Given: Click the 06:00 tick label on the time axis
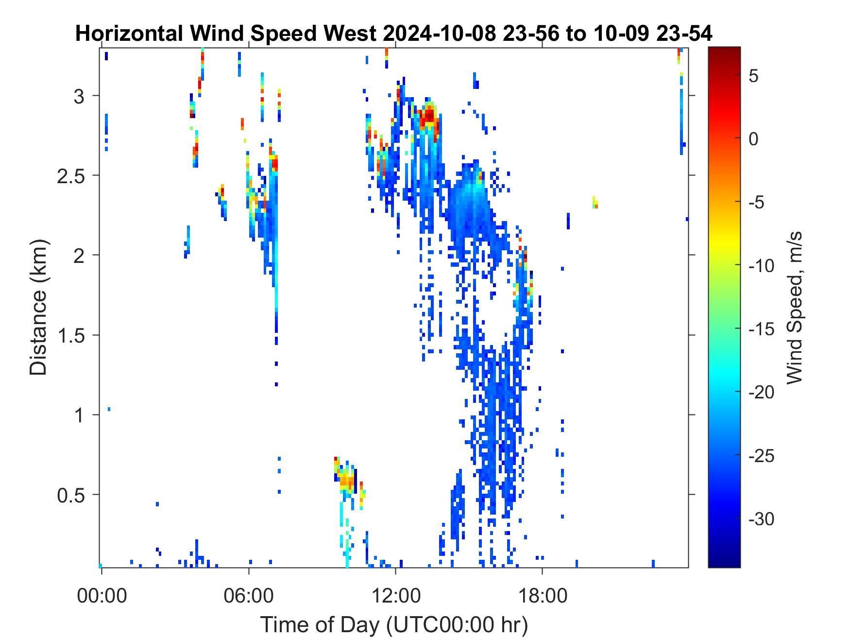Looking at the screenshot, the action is (x=249, y=595).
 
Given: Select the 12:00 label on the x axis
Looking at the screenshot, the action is (x=395, y=595).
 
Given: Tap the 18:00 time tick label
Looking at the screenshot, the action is (x=542, y=595).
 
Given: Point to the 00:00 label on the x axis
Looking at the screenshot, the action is (x=102, y=595).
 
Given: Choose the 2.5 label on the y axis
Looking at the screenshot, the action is (x=71, y=176).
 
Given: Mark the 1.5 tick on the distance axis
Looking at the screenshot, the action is (x=71, y=336).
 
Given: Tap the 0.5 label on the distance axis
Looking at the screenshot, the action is (x=71, y=496).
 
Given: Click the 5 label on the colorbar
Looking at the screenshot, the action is (x=754, y=76).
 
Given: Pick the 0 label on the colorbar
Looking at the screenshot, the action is (x=754, y=139).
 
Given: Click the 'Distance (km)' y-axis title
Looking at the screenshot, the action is (x=39, y=307).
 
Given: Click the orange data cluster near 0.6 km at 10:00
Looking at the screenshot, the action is (x=346, y=481).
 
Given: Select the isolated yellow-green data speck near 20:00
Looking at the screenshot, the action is (x=595, y=202).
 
